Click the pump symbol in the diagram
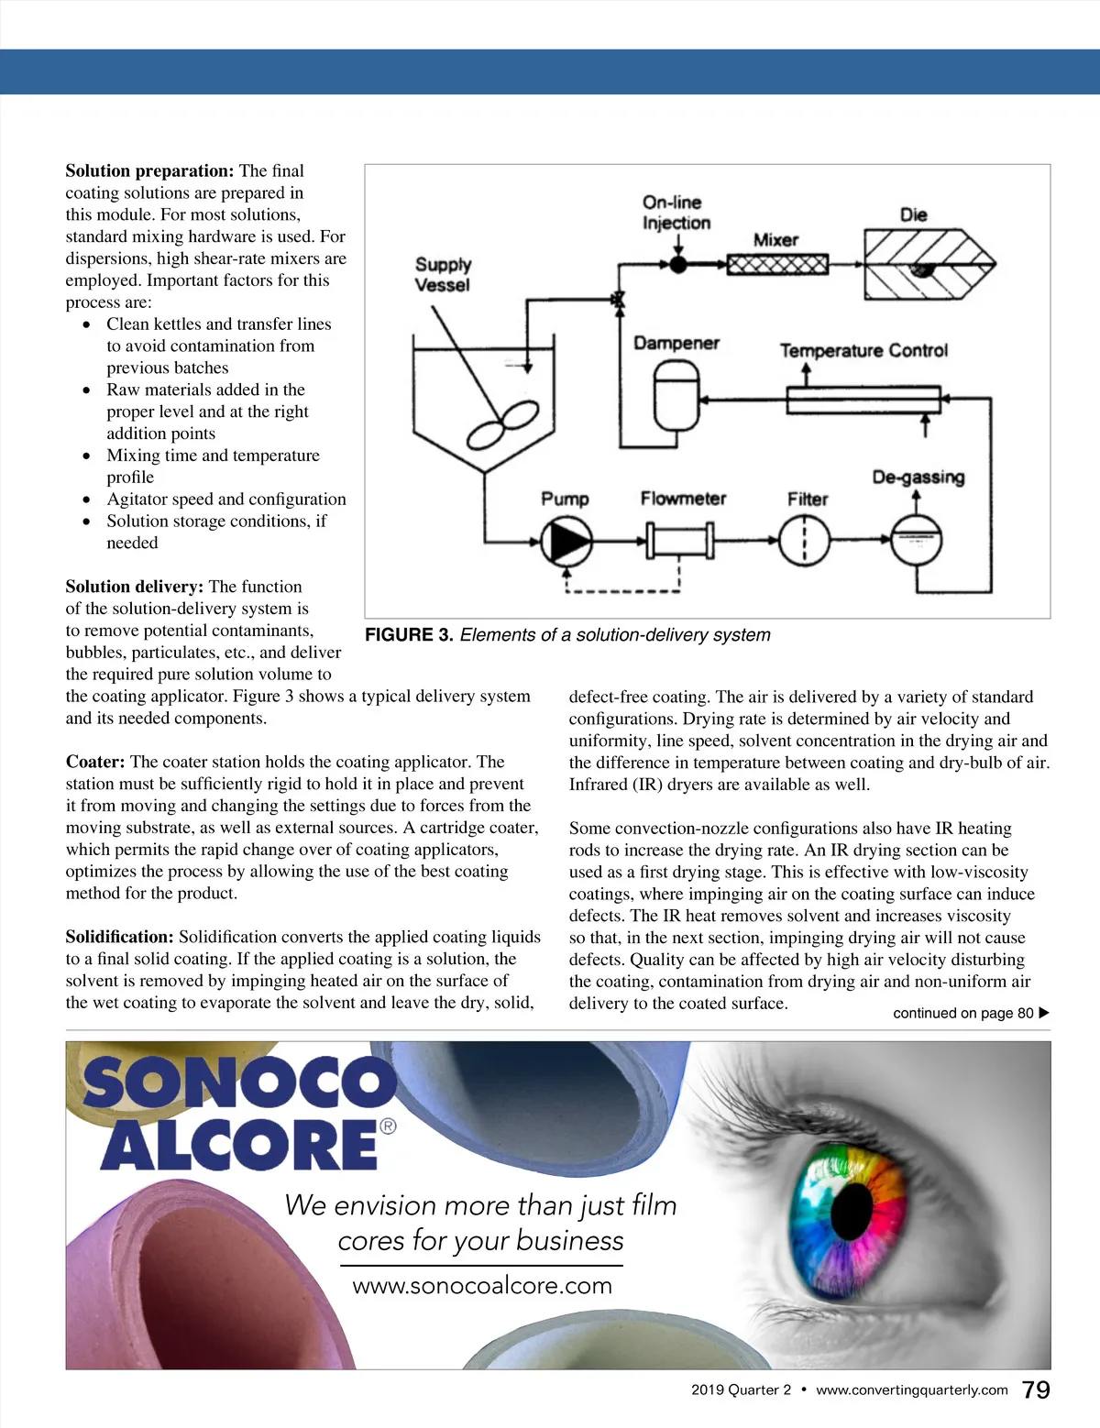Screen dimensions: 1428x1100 coord(566,541)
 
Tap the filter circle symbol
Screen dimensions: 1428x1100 coord(804,541)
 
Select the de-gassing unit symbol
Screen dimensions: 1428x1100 coord(916,541)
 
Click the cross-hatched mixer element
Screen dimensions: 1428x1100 coord(777,265)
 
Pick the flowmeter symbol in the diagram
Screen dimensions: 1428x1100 coord(680,541)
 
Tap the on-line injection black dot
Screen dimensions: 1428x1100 coord(678,265)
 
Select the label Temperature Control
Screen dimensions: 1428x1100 coord(863,350)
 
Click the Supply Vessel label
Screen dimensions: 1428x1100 coord(443,274)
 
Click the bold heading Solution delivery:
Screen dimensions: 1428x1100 coord(135,587)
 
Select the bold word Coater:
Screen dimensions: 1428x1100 coord(95,762)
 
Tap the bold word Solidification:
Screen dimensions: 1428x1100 coord(119,937)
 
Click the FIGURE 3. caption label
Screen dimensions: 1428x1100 coord(409,635)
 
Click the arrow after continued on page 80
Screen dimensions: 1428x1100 coord(1044,1013)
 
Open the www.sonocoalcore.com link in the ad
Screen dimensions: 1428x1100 coord(482,1286)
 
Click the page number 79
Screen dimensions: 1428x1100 coord(1036,1390)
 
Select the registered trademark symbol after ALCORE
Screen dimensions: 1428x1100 coord(388,1126)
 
